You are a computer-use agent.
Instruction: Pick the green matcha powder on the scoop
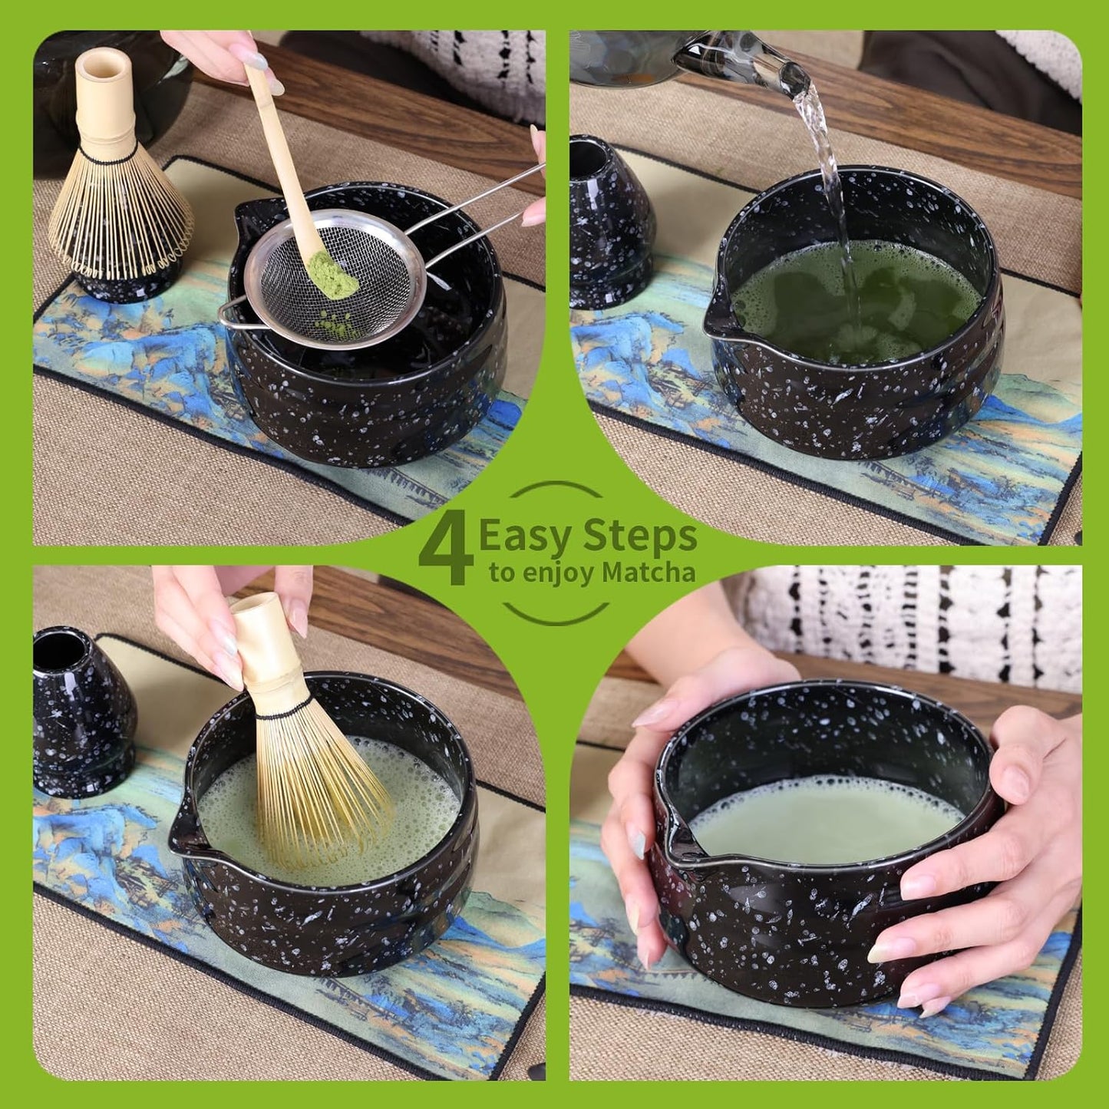pyautogui.click(x=334, y=276)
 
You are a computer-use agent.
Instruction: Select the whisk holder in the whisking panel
pyautogui.click(x=81, y=714)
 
